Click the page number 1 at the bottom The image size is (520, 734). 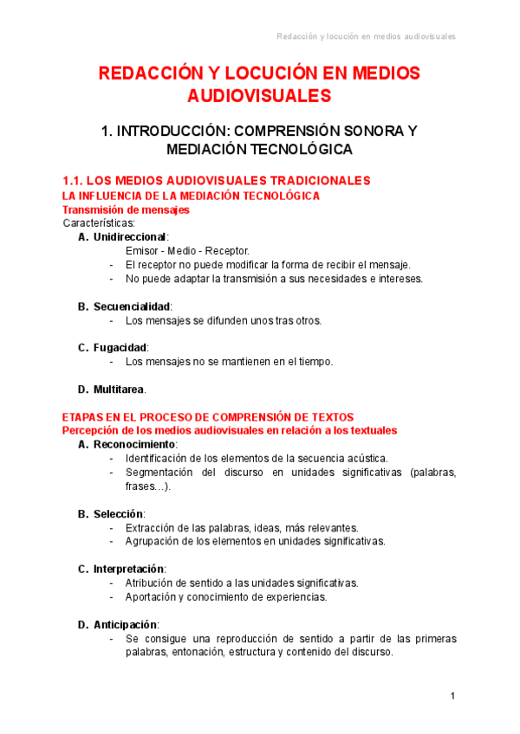coord(452,696)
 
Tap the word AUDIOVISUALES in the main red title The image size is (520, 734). coord(260,94)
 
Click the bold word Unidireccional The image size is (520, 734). coord(131,237)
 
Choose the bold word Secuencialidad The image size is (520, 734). coord(133,306)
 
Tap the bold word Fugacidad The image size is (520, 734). coord(121,348)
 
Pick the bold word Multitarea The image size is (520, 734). coord(120,389)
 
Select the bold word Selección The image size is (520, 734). coord(118,514)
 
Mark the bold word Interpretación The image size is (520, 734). coord(128,569)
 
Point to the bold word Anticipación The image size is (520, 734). coord(126,624)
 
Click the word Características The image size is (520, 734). coord(99,223)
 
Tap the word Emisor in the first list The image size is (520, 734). coord(142,251)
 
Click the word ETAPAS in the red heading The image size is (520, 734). coord(85,417)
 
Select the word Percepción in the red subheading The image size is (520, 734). coord(94,430)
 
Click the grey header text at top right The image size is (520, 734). coord(366,36)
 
